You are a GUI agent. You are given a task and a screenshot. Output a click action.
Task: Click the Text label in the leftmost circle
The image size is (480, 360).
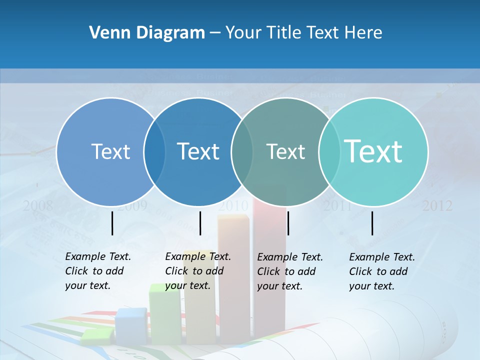pyautogui.click(x=110, y=151)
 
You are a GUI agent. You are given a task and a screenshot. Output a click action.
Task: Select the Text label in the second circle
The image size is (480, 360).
pyautogui.click(x=198, y=151)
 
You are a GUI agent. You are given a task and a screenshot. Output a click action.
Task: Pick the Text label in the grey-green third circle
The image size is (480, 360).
pyautogui.click(x=285, y=151)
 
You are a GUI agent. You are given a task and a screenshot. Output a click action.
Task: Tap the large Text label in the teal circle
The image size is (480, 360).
pyautogui.click(x=373, y=151)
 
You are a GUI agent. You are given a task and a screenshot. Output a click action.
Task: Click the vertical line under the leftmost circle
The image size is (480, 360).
pyautogui.click(x=112, y=223)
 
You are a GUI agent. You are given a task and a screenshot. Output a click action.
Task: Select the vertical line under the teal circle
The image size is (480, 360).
pyautogui.click(x=372, y=223)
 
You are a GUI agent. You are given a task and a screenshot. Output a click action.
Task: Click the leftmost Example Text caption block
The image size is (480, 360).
pyautogui.click(x=98, y=271)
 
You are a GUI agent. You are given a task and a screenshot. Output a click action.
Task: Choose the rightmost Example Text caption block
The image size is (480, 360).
pyautogui.click(x=382, y=271)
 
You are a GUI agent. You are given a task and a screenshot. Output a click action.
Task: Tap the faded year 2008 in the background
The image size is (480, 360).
pyautogui.click(x=38, y=205)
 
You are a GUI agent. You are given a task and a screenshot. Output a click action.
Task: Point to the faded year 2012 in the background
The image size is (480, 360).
pyautogui.click(x=437, y=205)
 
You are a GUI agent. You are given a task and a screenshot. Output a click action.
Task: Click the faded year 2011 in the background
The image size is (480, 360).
pyautogui.click(x=337, y=205)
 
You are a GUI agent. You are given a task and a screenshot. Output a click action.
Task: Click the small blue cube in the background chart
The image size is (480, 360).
pyautogui.click(x=131, y=325)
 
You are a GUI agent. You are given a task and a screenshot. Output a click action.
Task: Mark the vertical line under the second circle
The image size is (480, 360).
pyautogui.click(x=200, y=223)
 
